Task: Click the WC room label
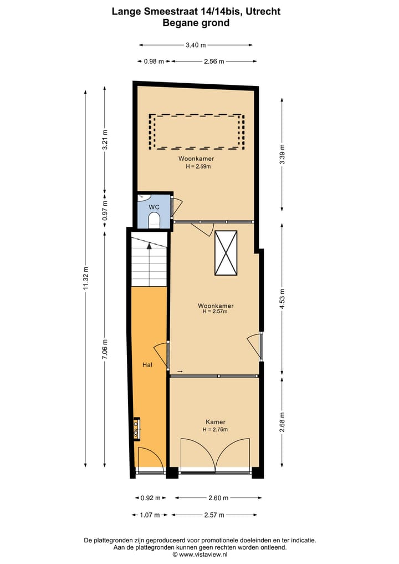point(154,207)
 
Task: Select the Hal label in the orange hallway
point(147,365)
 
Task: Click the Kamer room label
point(215,422)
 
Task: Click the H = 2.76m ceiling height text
point(215,429)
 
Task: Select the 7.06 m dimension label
point(105,349)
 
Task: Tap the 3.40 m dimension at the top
point(196,45)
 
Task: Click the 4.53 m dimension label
point(282,299)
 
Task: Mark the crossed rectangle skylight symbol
point(226,253)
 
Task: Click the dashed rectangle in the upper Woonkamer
point(197,131)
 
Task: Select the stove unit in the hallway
point(136,428)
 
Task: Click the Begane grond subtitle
point(196,23)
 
